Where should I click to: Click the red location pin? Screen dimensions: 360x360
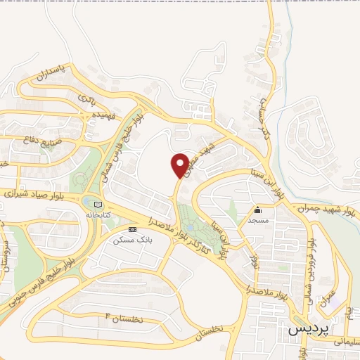pos(180,165)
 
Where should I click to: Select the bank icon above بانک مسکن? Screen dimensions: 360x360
pos(131,229)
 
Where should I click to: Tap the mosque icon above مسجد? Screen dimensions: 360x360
pos(258,209)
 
